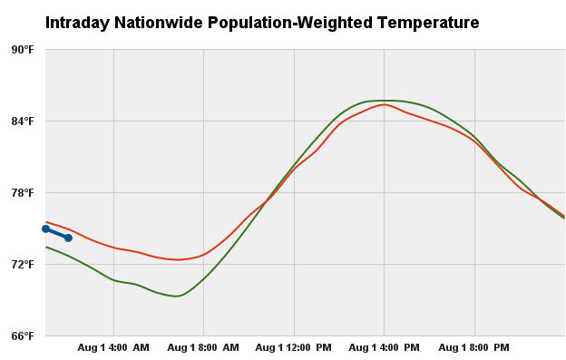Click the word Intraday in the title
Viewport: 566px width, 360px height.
tap(78, 22)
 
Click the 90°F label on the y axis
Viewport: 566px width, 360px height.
tap(22, 49)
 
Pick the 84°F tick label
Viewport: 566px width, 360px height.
tap(22, 121)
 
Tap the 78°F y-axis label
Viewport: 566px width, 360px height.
tap(22, 192)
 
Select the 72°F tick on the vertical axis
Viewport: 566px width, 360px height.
tap(22, 264)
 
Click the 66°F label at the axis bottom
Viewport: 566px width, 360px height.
tap(22, 336)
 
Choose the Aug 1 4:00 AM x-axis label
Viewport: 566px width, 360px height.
tap(113, 347)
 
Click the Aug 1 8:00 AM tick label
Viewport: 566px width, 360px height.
tap(203, 347)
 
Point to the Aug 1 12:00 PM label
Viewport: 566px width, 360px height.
tap(293, 347)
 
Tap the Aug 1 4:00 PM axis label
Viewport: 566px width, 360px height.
tap(384, 347)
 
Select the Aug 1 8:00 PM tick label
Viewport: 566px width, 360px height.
tap(473, 347)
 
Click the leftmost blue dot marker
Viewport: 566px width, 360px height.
tap(45, 229)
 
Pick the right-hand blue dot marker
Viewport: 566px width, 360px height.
tap(68, 238)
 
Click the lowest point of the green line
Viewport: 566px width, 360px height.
tap(177, 296)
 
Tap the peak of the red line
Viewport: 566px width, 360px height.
tap(384, 104)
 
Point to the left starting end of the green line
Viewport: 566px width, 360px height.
tap(46, 247)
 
